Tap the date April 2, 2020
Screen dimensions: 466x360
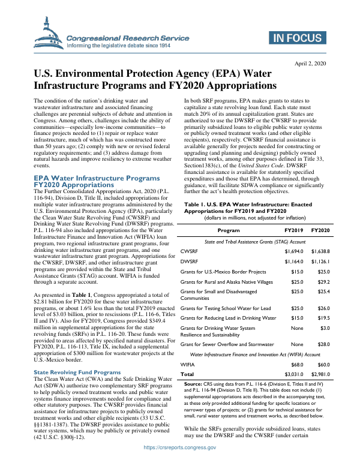click(309, 64)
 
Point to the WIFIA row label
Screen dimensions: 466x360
click(187, 364)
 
